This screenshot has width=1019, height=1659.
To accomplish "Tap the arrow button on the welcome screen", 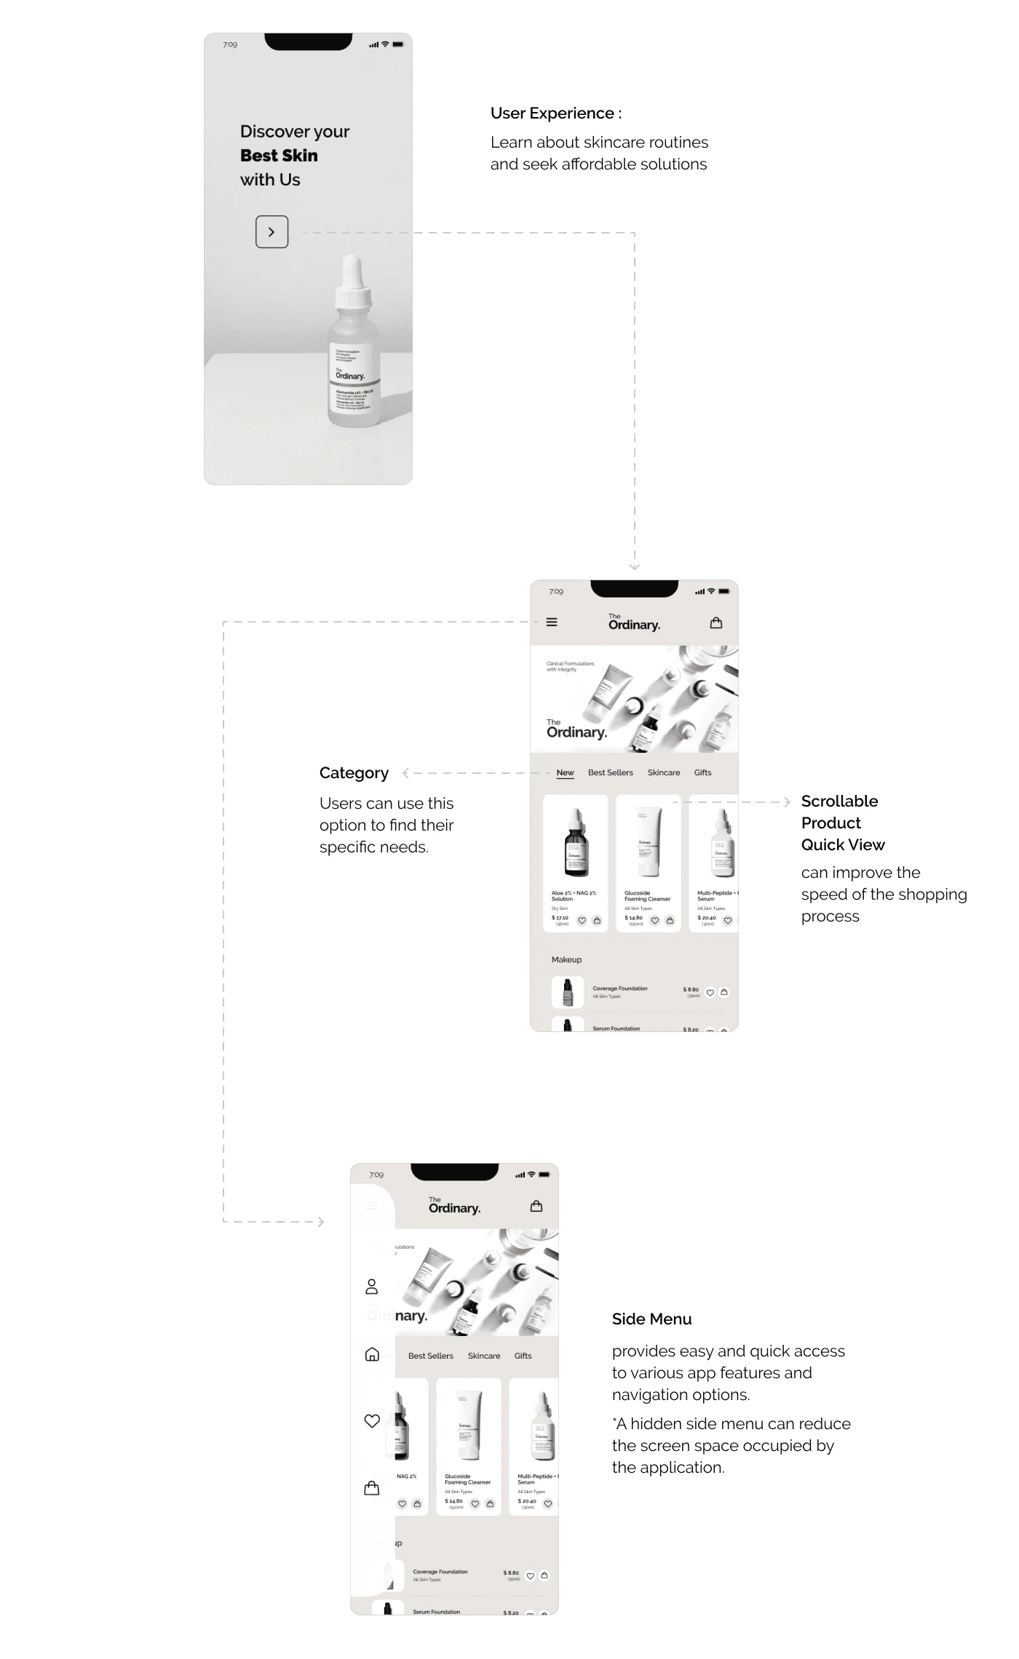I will (271, 232).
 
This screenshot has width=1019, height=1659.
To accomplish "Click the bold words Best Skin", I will (279, 156).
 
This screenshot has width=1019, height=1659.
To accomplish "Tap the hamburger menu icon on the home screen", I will (552, 623).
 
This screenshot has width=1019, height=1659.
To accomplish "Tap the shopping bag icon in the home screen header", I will (716, 623).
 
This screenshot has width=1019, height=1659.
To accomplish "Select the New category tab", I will (565, 772).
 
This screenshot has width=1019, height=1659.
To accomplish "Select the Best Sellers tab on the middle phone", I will (610, 772).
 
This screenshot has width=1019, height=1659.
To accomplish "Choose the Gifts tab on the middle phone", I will (702, 772).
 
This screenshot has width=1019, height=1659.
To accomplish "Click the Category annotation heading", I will (354, 773).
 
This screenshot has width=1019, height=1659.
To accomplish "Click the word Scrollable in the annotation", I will (839, 801).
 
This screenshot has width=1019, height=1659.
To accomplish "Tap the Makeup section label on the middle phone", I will (566, 960).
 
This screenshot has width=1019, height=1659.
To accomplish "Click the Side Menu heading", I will (651, 1319).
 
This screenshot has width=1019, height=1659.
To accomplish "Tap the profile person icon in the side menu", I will (371, 1287).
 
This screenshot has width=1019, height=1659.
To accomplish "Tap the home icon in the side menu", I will (372, 1354).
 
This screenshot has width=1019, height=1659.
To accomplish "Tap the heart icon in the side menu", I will (372, 1420).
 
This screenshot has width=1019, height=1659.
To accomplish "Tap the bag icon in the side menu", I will (371, 1487).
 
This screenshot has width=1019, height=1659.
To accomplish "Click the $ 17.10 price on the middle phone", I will (560, 918).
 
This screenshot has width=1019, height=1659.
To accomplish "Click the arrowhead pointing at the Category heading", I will (406, 773).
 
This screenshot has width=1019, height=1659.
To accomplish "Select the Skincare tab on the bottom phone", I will (484, 1356).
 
